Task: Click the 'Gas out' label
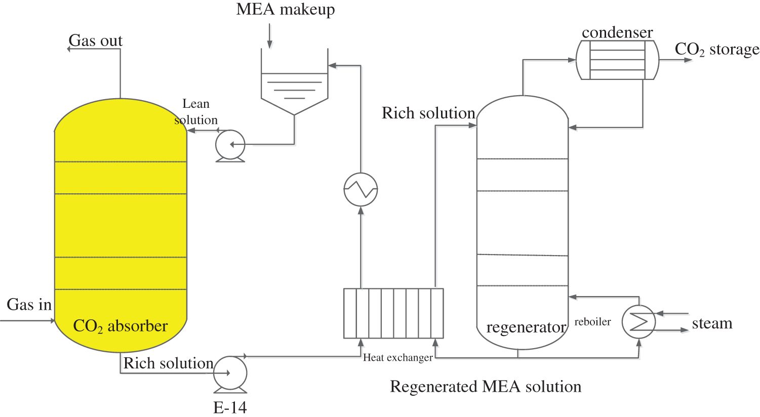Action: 95,40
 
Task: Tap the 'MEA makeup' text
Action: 286,10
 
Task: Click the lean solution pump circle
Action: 230,145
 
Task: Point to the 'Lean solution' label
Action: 196,112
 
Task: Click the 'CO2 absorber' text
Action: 120,326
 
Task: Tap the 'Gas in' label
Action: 29,305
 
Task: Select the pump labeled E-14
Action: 230,373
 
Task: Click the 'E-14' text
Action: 230,407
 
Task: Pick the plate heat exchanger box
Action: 393,313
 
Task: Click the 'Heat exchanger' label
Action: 397,358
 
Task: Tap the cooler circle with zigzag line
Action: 361,190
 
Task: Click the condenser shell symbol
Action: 617,60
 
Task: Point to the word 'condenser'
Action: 617,32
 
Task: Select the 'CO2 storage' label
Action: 716,50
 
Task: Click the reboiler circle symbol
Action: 638,321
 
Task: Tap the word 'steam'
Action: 712,323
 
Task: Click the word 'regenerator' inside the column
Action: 526,327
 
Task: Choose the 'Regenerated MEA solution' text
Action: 486,387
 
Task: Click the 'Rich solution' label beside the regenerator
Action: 428,113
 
